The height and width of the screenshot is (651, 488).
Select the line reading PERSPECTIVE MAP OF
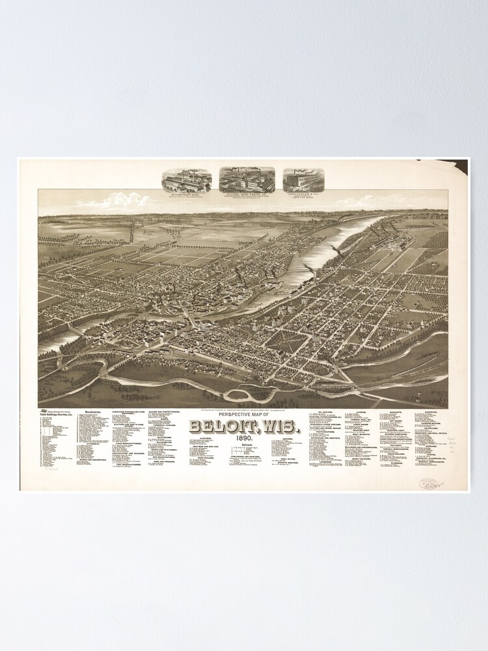click(x=243, y=416)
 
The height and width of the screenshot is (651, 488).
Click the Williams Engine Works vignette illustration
click(x=187, y=180)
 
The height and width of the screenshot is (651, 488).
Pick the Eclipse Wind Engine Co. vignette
click(x=247, y=179)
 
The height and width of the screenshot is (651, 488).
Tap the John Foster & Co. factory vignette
click(x=303, y=180)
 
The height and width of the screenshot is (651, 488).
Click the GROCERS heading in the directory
click(x=288, y=439)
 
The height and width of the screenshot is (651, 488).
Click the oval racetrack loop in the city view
click(x=239, y=393)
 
